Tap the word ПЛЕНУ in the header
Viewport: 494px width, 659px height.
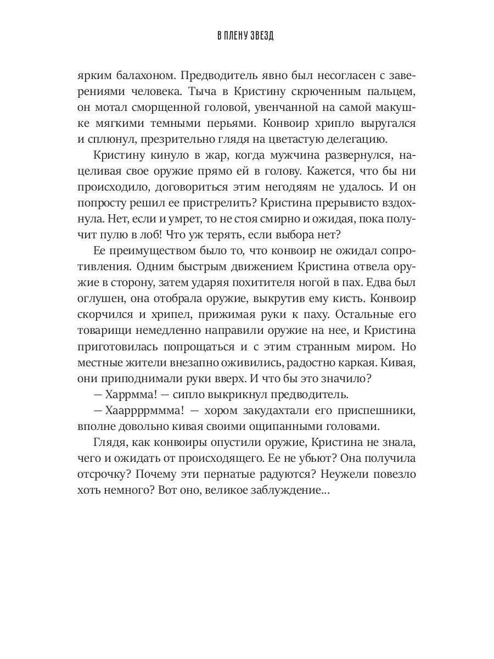(236, 37)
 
